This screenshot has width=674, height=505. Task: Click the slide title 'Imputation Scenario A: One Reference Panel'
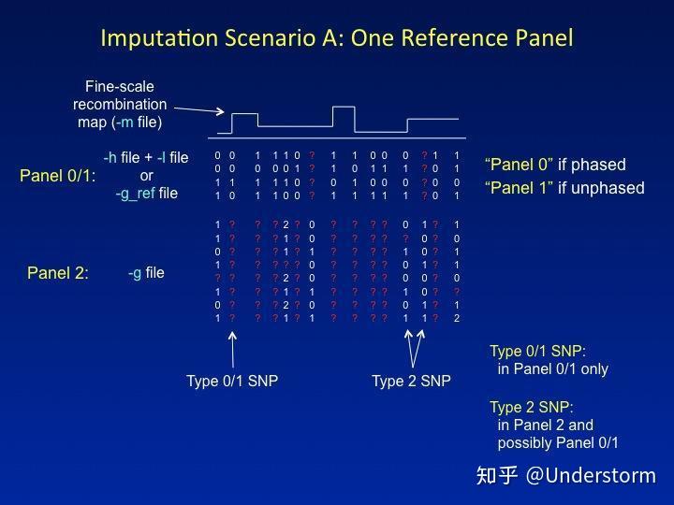click(x=336, y=38)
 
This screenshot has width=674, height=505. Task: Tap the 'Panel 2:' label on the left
click(x=57, y=273)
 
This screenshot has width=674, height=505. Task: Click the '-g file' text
click(x=146, y=273)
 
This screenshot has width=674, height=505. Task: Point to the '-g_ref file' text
click(x=146, y=194)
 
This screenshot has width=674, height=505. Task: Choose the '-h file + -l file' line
click(x=146, y=157)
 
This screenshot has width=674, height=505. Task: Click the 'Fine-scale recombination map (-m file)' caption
click(x=120, y=104)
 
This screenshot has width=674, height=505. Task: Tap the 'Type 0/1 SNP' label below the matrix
click(x=231, y=381)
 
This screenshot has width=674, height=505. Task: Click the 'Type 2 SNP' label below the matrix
click(x=411, y=381)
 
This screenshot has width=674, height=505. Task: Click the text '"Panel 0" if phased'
click(x=555, y=165)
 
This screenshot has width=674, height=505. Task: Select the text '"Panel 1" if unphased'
click(x=564, y=188)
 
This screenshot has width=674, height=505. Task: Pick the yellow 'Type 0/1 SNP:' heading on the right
click(x=537, y=352)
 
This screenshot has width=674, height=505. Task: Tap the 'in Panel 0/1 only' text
click(x=552, y=368)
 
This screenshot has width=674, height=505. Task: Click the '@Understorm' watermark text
click(x=591, y=475)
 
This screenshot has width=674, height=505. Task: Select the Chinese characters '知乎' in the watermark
click(x=497, y=475)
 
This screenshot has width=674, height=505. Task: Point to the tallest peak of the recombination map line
click(x=344, y=108)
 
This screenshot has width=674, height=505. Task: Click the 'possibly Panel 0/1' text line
click(x=558, y=442)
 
